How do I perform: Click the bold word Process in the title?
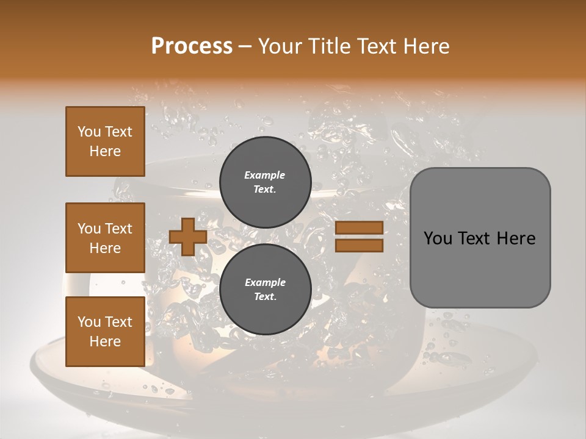pyautogui.click(x=192, y=46)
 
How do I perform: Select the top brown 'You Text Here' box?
pyautogui.click(x=105, y=141)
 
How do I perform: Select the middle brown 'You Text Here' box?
pyautogui.click(x=105, y=238)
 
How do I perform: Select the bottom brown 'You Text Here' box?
pyautogui.click(x=105, y=332)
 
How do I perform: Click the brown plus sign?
pyautogui.click(x=188, y=237)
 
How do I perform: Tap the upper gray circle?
pyautogui.click(x=266, y=182)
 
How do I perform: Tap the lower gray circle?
pyautogui.click(x=266, y=290)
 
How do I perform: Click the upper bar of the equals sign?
pyautogui.click(x=359, y=227)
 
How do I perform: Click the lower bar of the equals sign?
pyautogui.click(x=359, y=246)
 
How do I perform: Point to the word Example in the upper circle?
pyautogui.click(x=265, y=175)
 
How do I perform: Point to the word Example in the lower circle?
pyautogui.click(x=265, y=282)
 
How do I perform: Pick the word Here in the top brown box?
pyautogui.click(x=105, y=151)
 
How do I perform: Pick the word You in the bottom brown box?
pyautogui.click(x=89, y=322)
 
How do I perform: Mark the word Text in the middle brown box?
pyautogui.click(x=118, y=229)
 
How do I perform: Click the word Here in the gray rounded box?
pyautogui.click(x=516, y=238)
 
